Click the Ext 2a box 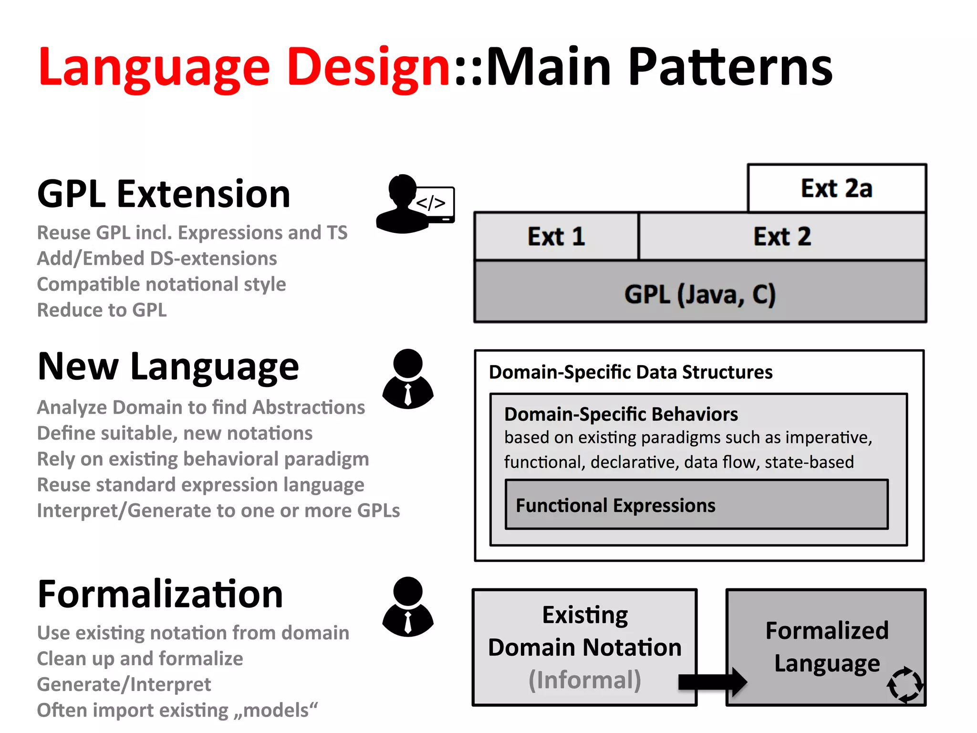point(837,188)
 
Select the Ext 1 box point(556,237)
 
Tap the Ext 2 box point(782,237)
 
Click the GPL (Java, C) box point(700,293)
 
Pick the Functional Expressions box point(696,505)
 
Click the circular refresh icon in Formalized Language point(904,685)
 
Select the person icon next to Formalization point(408,607)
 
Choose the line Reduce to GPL point(102,310)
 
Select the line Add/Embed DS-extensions point(157,258)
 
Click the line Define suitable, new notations point(175,433)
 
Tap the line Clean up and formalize point(140,659)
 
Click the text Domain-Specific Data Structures point(630,372)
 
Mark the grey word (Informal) point(585,680)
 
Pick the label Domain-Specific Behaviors point(621,414)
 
